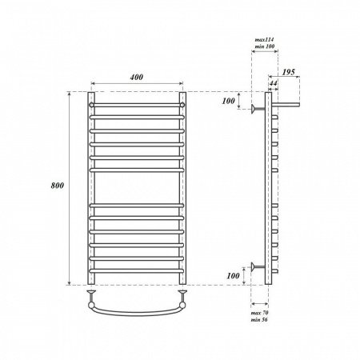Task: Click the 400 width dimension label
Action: (137, 77)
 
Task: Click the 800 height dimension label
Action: (58, 186)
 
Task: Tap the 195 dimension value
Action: (289, 72)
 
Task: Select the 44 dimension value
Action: (273, 83)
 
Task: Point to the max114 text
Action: (264, 40)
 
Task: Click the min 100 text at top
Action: (264, 46)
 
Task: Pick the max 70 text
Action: (259, 313)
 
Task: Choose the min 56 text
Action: (259, 319)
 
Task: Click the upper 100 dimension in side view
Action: (228, 101)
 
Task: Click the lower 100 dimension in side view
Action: (233, 276)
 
